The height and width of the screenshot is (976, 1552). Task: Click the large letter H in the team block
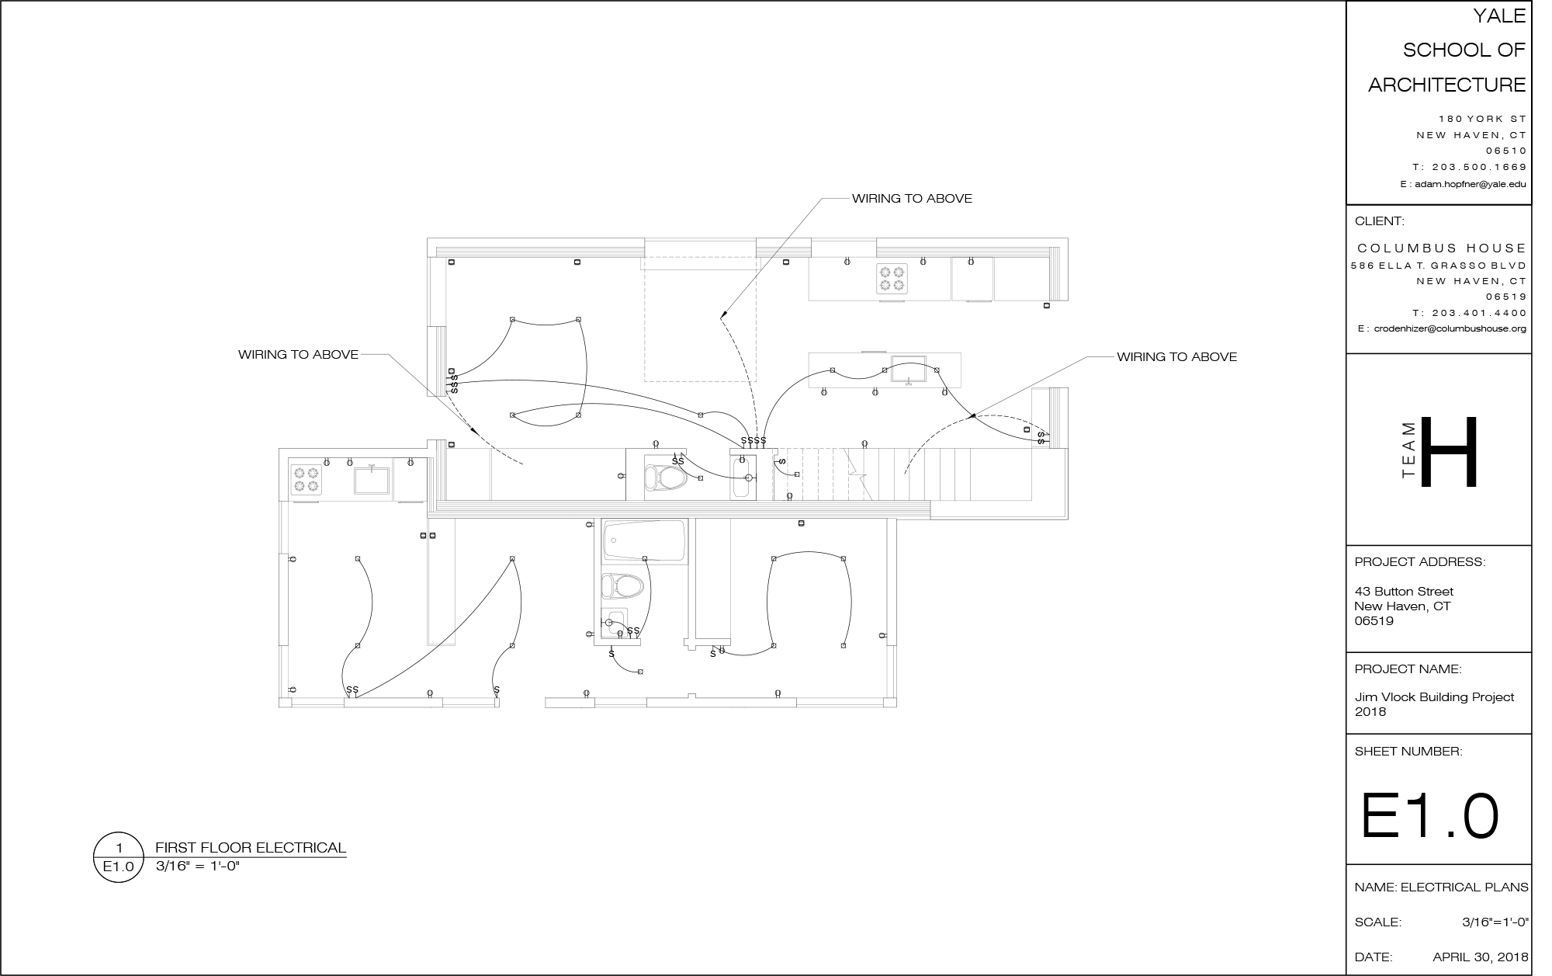[1450, 452]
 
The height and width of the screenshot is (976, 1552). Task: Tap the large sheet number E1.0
[1429, 817]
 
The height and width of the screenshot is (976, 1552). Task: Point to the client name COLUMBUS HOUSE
[1442, 248]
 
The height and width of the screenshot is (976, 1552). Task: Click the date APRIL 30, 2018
[1481, 957]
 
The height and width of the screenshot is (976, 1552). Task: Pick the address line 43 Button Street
[1404, 592]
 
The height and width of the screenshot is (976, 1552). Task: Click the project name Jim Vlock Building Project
[1434, 697]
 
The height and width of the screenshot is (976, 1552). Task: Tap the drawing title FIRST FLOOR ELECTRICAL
[251, 848]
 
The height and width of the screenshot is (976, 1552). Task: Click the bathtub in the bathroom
[645, 541]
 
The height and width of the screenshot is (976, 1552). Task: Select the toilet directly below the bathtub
[623, 585]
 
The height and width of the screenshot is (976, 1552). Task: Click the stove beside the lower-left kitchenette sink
[305, 478]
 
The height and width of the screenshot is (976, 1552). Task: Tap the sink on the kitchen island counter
[908, 370]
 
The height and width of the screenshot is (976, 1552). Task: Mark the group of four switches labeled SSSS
[753, 441]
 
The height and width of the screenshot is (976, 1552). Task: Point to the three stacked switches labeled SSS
[455, 384]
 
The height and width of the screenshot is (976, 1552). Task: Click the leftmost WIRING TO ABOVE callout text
[298, 355]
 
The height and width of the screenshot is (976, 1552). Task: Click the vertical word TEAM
[1410, 451]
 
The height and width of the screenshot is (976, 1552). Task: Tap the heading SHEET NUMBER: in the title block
[1408, 752]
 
